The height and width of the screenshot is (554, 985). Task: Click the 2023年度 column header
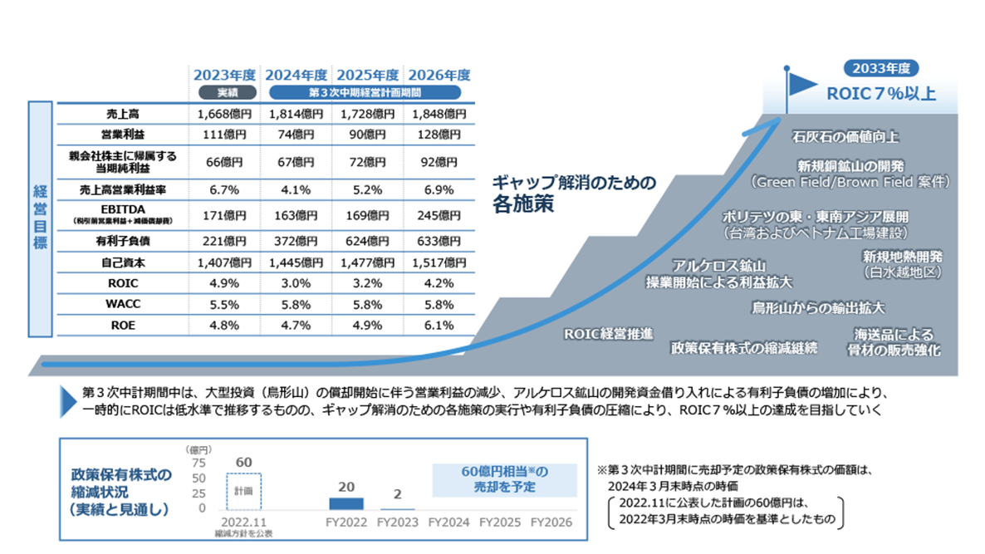[224, 75]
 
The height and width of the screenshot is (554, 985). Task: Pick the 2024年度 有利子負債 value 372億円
[295, 241]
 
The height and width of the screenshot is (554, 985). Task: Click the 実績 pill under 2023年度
[224, 92]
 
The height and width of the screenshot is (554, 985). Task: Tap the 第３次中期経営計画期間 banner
[366, 92]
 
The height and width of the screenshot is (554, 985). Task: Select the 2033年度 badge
[881, 69]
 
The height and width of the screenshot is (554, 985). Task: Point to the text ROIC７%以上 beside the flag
[881, 92]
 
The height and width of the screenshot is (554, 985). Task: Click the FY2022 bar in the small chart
[346, 503]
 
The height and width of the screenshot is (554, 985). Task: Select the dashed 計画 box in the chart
[243, 491]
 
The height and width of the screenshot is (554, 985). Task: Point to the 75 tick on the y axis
[198, 463]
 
